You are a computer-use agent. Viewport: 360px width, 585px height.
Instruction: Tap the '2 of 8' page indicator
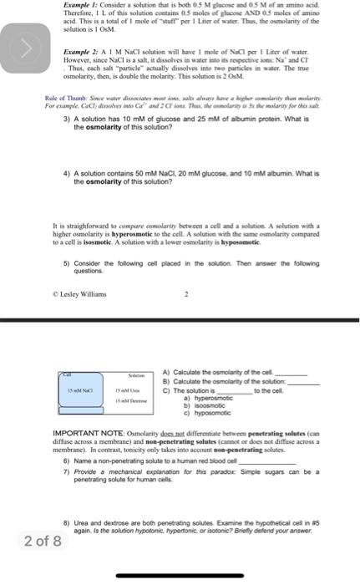pos(43,541)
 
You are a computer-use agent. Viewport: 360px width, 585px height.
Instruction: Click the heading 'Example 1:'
pos(80,7)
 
